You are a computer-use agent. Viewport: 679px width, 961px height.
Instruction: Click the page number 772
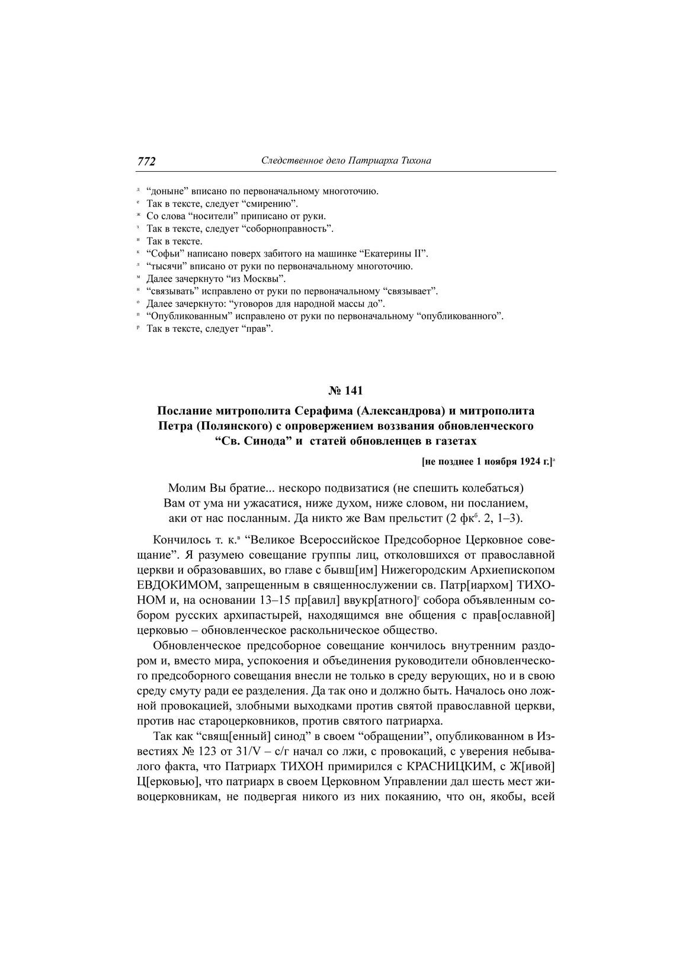146,161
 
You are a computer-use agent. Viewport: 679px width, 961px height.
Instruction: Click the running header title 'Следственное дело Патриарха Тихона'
346,161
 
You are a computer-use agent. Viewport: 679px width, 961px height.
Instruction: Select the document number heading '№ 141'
345,390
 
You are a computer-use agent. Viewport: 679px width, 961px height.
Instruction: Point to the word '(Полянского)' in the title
225,426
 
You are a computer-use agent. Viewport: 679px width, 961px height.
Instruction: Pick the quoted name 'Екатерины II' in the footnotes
392,254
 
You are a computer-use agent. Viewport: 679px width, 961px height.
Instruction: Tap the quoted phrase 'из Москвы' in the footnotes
261,278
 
